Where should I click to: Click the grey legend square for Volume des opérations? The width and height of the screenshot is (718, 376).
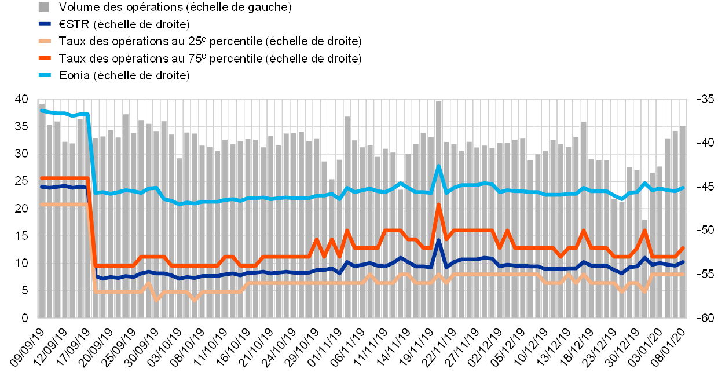pos(43,7)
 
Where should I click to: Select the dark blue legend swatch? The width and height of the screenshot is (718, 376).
pos(43,24)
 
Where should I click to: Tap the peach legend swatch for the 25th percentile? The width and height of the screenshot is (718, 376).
pos(43,41)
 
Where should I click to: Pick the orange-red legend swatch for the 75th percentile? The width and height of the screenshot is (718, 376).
pos(43,59)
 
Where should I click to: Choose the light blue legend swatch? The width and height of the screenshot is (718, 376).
pos(43,75)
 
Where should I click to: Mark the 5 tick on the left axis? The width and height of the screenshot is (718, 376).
pos(25,291)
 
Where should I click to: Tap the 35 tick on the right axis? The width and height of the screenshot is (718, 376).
pos(707,99)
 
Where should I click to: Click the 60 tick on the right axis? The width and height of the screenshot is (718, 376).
pos(707,318)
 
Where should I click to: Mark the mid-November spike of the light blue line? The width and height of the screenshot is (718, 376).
pos(439,166)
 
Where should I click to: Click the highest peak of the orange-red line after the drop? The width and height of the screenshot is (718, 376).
pos(439,204)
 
